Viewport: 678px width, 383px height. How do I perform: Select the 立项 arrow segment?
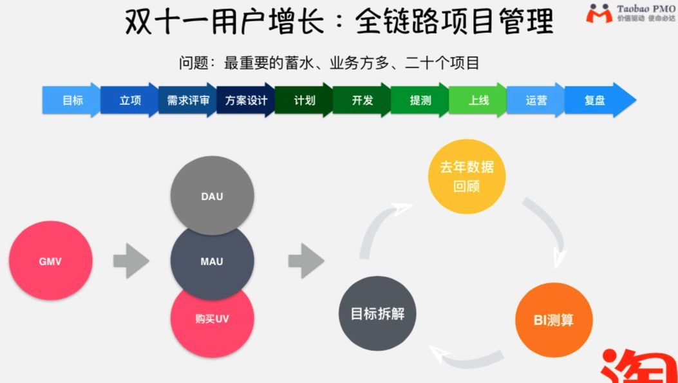129,100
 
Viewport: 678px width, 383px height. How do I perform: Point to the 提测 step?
419,100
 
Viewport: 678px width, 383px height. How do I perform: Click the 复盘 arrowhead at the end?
599,100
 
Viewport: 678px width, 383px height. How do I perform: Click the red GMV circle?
51,261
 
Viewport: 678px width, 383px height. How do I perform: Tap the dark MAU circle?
212,261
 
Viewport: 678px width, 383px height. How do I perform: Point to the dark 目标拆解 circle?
377,314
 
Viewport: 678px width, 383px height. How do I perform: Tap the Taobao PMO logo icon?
599,14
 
